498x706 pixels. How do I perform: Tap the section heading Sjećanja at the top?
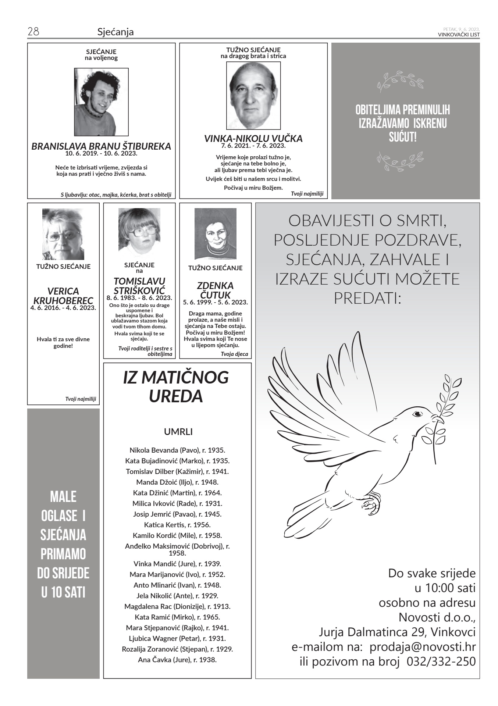[x=115, y=32]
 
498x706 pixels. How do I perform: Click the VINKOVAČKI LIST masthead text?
[x=459, y=35]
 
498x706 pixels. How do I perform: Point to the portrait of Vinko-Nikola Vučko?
[x=253, y=96]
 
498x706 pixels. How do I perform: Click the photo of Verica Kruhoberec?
[x=63, y=234]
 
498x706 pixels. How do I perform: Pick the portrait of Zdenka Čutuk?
[x=215, y=234]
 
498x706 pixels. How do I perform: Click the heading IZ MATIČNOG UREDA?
[x=176, y=387]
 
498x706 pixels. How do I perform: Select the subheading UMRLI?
[x=178, y=432]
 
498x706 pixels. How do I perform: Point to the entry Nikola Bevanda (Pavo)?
[x=177, y=450]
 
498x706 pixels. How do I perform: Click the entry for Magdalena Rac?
[x=177, y=606]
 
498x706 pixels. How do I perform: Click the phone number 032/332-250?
[x=441, y=661]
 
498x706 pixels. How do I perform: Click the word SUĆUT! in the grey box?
[x=403, y=138]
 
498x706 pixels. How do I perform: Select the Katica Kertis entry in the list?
[x=177, y=525]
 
